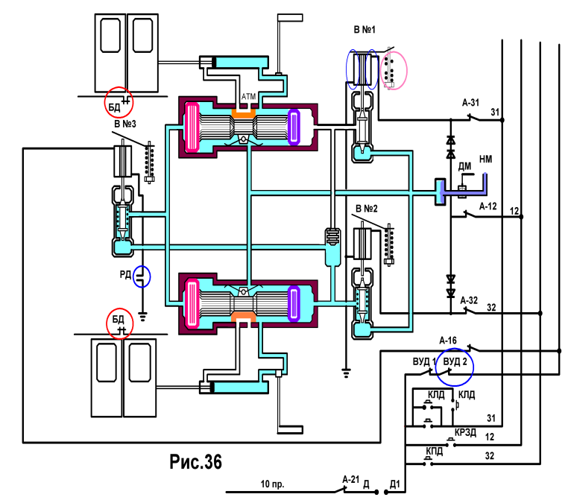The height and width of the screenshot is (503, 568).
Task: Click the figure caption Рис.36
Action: (195, 462)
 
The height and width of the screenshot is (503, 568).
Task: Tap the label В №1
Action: (365, 29)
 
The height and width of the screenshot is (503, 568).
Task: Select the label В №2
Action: (366, 209)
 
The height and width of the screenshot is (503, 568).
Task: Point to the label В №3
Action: (125, 124)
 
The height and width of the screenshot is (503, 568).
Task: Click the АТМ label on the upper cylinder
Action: (248, 97)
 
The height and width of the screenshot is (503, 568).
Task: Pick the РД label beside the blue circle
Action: (125, 274)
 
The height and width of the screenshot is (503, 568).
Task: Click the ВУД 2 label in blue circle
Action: (455, 361)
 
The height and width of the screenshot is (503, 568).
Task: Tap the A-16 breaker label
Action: (448, 341)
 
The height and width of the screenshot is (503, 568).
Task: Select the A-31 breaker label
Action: (470, 103)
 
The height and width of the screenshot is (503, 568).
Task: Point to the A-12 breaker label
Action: (487, 206)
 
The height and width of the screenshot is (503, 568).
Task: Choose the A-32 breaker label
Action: (469, 300)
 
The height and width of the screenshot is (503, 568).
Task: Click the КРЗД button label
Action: (465, 433)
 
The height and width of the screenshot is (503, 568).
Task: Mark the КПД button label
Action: (434, 452)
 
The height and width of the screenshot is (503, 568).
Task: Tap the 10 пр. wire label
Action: (272, 484)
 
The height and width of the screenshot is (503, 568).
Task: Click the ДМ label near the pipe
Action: (464, 167)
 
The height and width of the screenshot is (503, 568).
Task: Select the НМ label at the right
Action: (485, 159)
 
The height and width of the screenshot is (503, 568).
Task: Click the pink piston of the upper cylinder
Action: (192, 127)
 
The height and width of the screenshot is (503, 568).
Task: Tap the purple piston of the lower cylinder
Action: (294, 303)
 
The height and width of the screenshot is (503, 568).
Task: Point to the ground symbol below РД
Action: (142, 317)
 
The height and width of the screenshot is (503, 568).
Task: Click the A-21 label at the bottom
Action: (350, 479)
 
